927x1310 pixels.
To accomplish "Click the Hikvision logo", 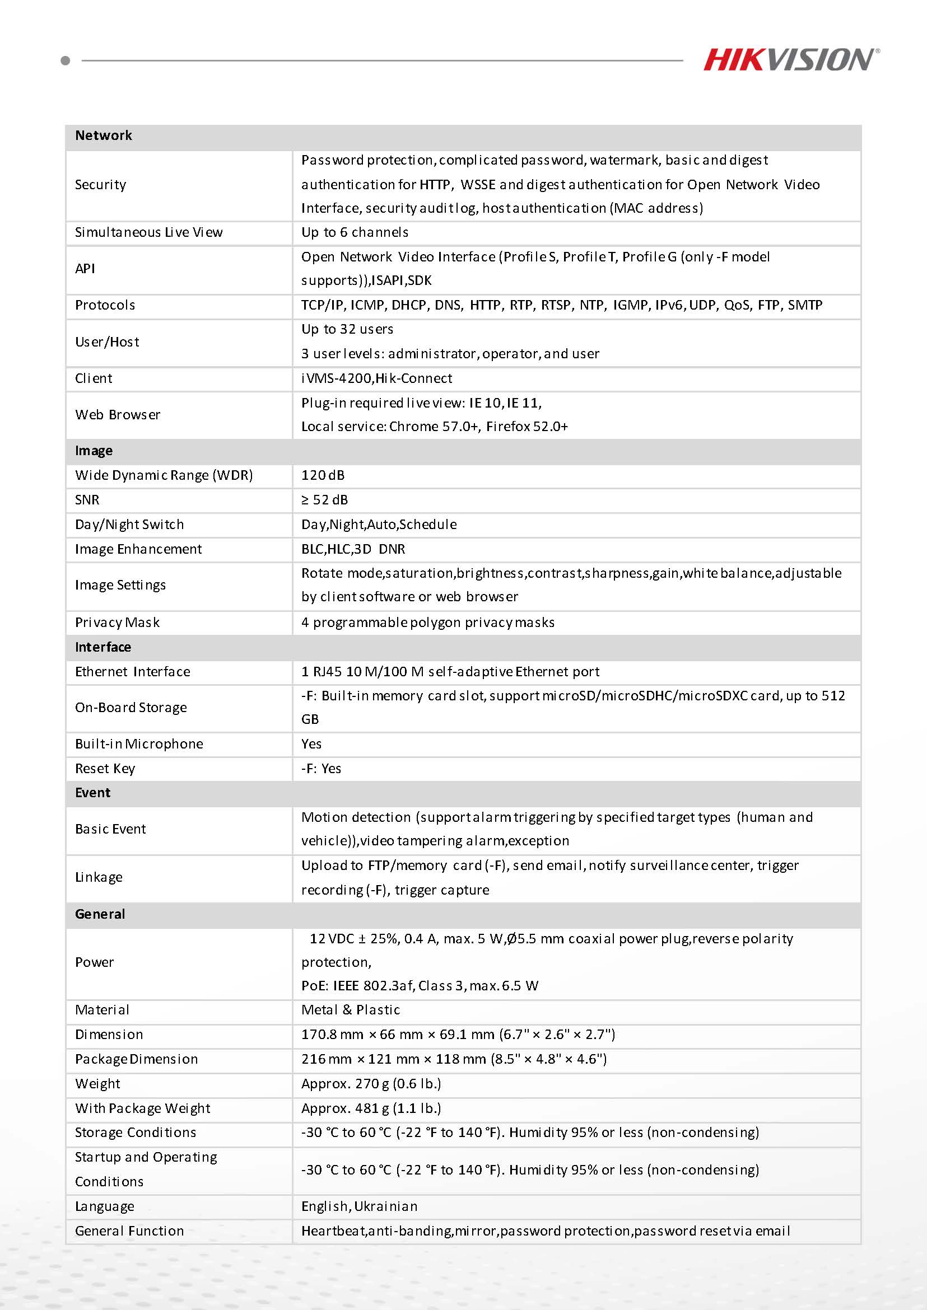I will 790,59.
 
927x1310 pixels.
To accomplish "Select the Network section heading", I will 103,135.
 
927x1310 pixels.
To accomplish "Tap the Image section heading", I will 94,451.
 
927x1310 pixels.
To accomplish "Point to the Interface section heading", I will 103,647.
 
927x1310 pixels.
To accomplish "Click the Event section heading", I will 92,793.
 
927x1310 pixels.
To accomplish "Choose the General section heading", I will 100,914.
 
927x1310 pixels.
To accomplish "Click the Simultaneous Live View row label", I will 148,232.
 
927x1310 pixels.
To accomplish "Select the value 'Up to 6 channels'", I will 355,232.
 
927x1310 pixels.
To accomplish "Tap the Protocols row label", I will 105,305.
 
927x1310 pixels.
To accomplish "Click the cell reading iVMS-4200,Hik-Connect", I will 376,378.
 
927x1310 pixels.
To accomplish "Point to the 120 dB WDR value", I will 323,475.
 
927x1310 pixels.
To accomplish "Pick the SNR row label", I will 87,500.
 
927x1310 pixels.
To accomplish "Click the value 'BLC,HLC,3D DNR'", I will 353,549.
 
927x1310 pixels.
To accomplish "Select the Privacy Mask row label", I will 117,623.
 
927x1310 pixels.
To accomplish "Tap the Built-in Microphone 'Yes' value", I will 311,744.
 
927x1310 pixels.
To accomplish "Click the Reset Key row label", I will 105,769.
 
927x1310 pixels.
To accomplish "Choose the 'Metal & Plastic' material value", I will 351,1010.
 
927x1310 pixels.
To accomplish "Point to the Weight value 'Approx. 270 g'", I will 371,1083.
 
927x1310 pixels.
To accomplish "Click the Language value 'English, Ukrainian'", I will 359,1206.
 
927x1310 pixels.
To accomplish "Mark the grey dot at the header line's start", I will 65,60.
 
